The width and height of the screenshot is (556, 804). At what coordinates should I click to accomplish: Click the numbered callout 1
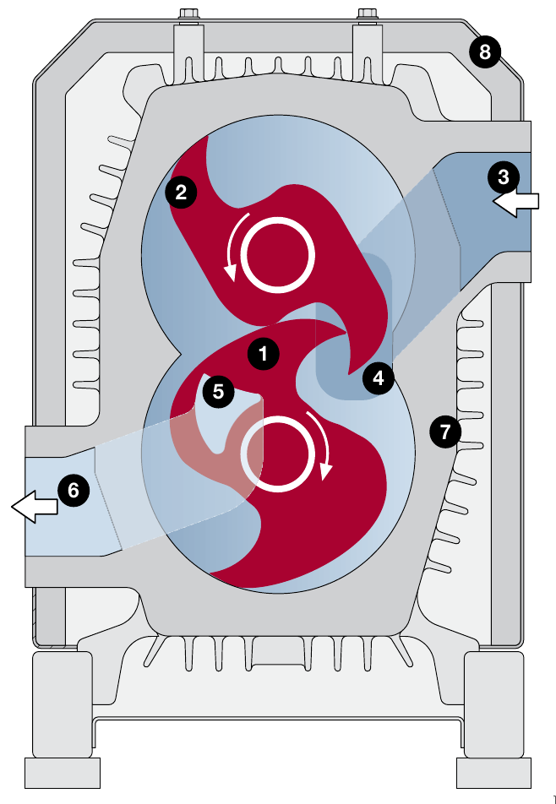point(263,354)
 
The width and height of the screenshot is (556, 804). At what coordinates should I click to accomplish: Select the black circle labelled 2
point(181,192)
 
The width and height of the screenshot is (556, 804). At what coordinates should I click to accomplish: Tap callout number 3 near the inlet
point(504,177)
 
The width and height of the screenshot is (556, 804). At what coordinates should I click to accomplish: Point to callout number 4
point(378,378)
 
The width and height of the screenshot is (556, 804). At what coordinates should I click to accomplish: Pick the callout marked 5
point(218,391)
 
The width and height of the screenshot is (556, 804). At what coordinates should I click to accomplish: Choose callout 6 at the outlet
point(73,490)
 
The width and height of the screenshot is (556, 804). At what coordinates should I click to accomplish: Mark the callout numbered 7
point(445,432)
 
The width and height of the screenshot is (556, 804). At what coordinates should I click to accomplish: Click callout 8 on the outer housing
point(484,52)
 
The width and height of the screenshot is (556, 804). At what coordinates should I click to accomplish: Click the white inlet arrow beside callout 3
point(515,203)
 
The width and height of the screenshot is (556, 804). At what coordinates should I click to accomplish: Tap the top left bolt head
point(188,14)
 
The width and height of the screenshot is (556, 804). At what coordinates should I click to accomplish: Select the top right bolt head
point(367,14)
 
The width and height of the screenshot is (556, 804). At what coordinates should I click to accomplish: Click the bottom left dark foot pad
point(63,770)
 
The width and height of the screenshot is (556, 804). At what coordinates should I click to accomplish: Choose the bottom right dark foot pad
point(492,770)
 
